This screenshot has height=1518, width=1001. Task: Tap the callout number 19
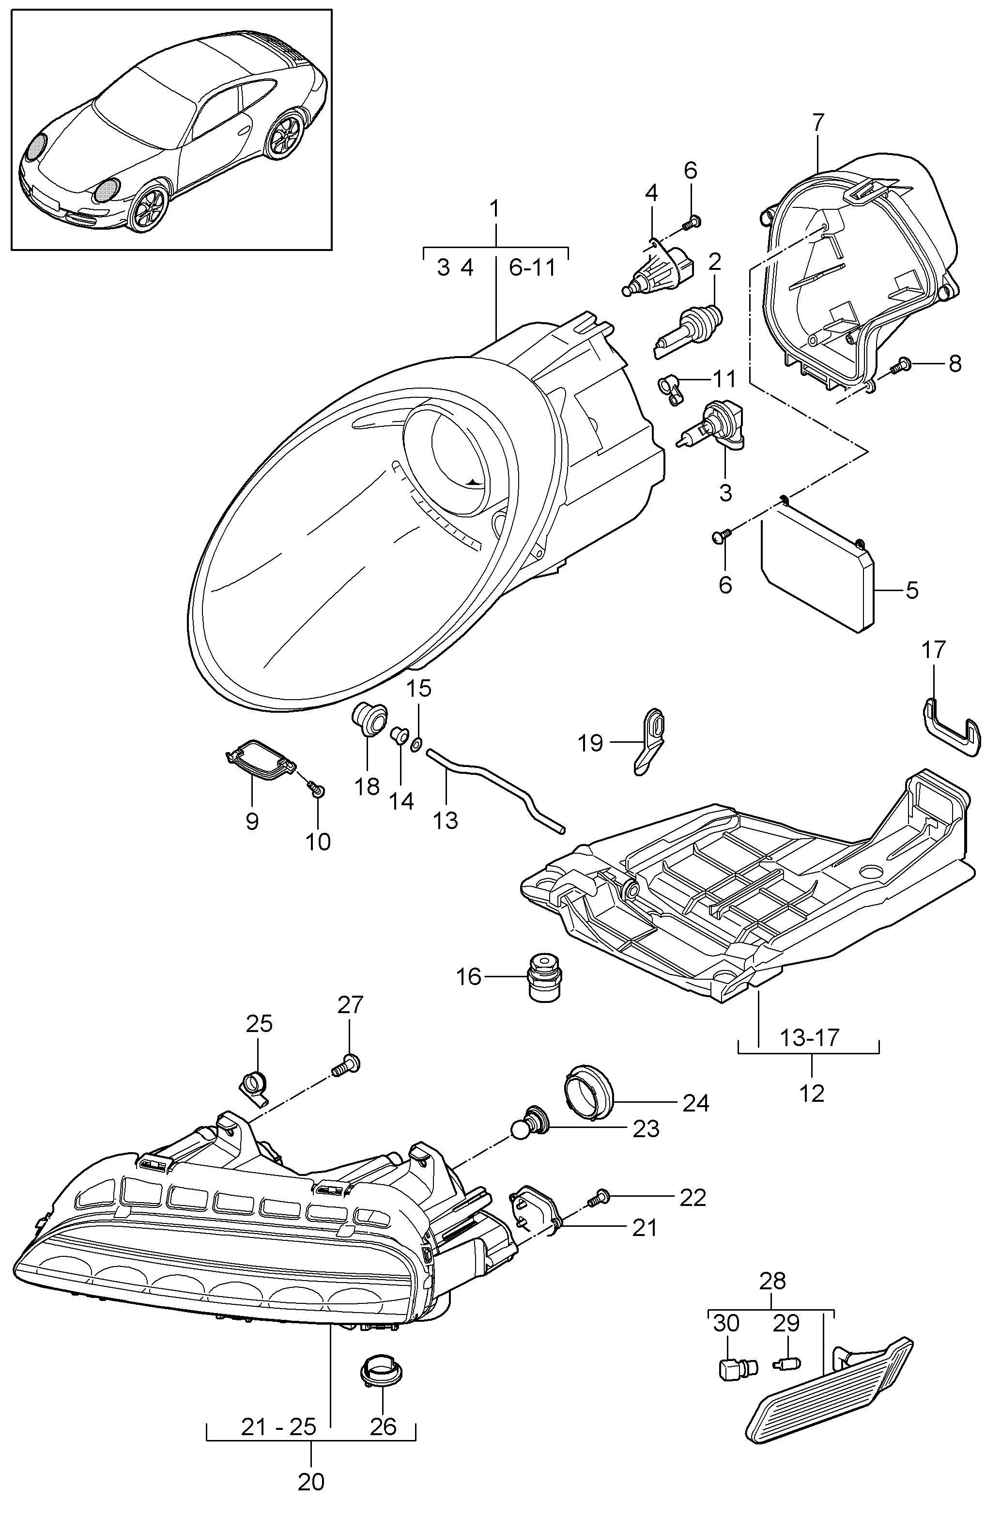click(x=590, y=743)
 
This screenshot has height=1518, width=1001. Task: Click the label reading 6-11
click(x=532, y=267)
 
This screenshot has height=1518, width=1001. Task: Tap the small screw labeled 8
click(x=900, y=365)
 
